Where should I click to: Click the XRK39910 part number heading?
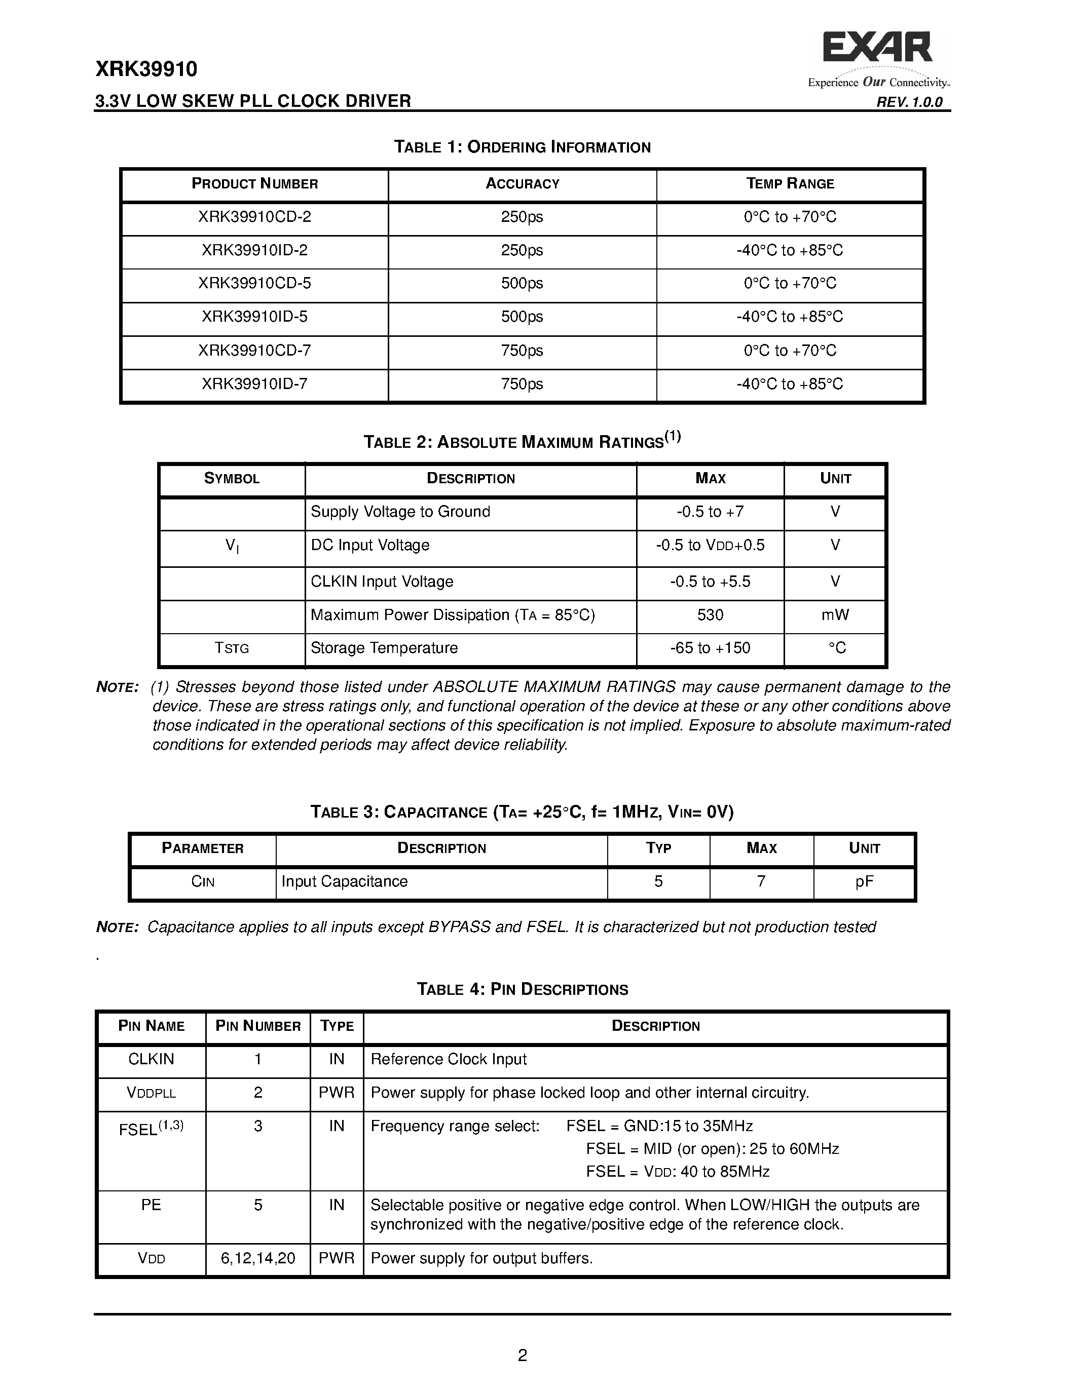coord(146,69)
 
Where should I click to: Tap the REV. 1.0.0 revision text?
coord(909,102)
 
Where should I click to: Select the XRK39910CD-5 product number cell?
coord(254,283)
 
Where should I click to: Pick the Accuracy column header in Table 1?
coord(522,184)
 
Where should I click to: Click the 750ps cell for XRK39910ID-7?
coord(522,384)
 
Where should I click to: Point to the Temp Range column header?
coord(790,184)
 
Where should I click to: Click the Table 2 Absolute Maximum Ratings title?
coord(522,441)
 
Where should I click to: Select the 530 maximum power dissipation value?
coord(710,615)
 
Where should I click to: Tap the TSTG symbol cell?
coord(232,648)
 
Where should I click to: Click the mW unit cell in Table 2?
coord(835,615)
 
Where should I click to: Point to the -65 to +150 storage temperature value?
coord(710,648)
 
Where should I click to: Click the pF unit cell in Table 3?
coord(864,881)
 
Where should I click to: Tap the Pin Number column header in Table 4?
coord(258,1026)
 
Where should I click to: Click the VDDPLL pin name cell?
coord(151,1093)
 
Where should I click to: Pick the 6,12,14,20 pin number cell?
coord(258,1258)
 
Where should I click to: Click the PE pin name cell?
coord(151,1205)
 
